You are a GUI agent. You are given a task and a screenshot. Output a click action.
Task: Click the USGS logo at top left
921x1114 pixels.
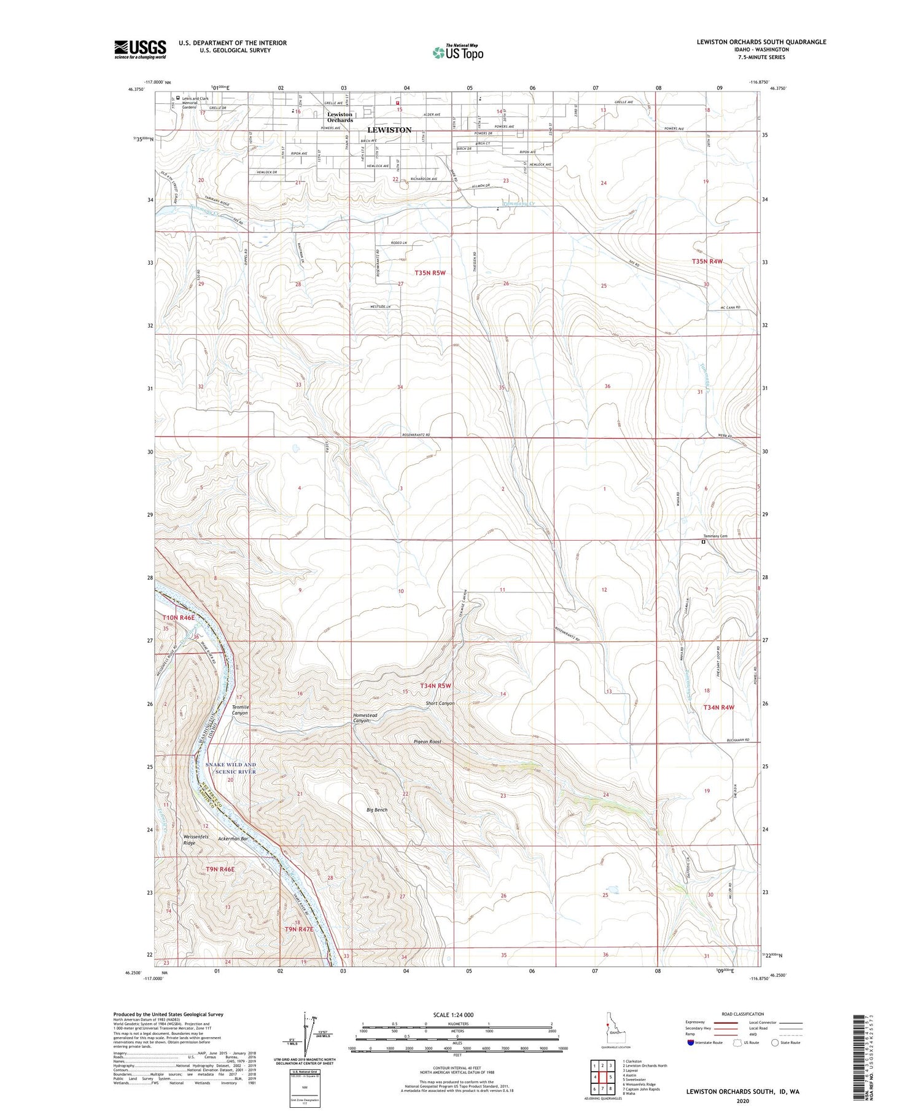tap(140, 49)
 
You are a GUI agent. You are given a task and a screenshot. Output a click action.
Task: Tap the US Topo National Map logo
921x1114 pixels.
tap(458, 52)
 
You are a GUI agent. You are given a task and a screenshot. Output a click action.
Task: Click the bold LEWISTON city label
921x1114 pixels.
tap(389, 130)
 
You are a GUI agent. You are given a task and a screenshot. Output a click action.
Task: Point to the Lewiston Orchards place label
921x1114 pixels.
tap(340, 117)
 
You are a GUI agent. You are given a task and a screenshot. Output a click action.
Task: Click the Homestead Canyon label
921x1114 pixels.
tap(365, 718)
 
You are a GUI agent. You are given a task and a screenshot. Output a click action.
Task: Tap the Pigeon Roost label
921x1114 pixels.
tap(427, 742)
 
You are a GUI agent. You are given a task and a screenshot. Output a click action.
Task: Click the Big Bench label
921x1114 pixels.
tap(377, 810)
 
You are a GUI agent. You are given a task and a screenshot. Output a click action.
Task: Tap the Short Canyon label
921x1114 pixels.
tap(440, 704)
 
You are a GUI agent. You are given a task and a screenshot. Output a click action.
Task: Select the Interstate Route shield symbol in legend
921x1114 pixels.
tap(691, 1043)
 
